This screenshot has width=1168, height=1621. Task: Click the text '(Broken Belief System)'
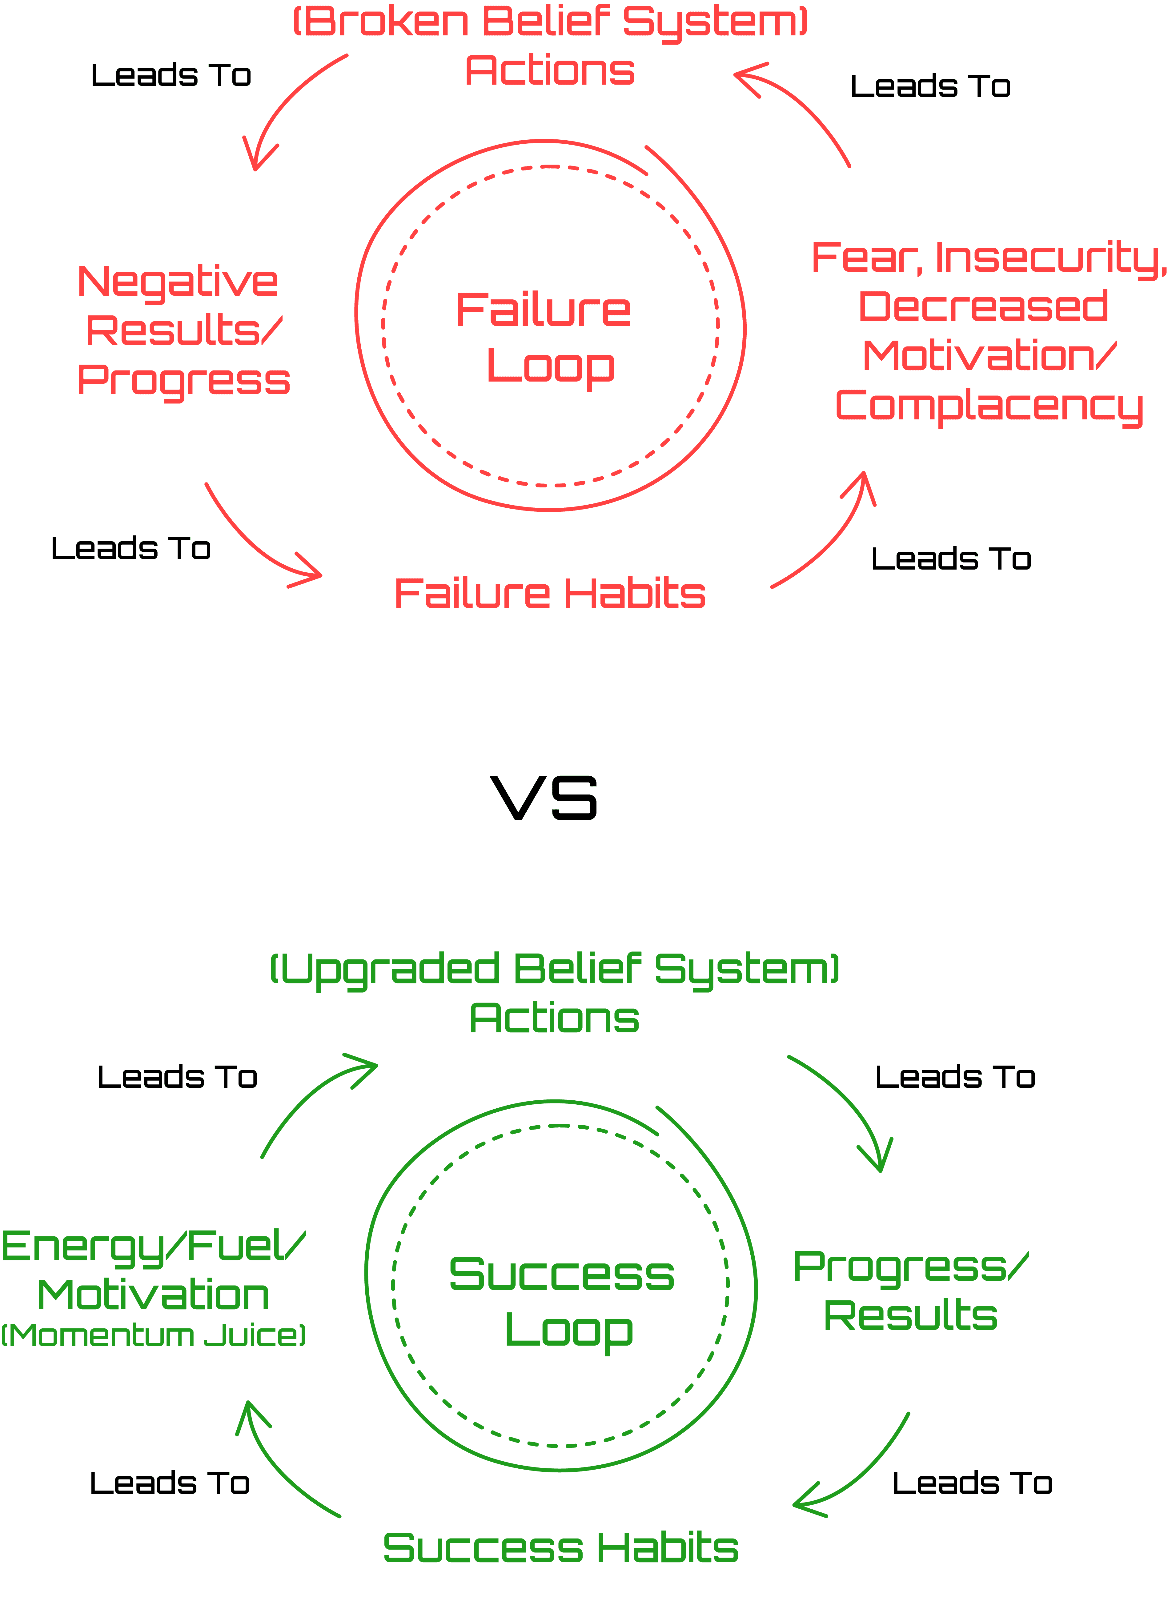tap(550, 22)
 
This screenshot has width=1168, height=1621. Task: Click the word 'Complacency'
tap(989, 406)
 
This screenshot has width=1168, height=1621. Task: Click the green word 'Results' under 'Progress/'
tap(911, 1316)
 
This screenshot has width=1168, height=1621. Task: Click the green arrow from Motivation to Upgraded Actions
tap(307, 1101)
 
